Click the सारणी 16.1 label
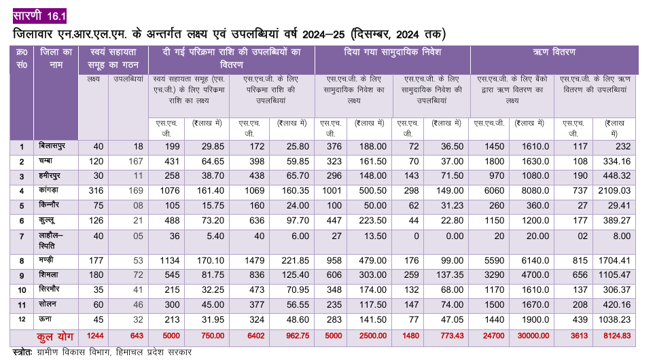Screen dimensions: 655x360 [39, 16]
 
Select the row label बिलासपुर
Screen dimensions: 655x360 [52, 146]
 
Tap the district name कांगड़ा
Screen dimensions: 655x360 [48, 190]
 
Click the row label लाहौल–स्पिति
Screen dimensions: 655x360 [50, 241]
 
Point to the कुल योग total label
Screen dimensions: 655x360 [55, 337]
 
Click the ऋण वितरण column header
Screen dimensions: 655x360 [554, 52]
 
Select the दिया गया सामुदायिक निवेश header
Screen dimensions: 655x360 [392, 52]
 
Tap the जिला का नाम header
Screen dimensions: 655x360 [56, 58]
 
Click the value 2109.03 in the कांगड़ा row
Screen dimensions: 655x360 [616, 191]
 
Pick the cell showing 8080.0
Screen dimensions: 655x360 [535, 191]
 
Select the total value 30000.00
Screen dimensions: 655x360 [533, 336]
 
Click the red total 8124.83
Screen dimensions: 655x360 [617, 336]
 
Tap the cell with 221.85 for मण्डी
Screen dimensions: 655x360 [296, 261]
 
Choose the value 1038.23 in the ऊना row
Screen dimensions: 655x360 [616, 319]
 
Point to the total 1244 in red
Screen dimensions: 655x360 [95, 336]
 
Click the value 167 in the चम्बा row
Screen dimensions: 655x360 [136, 162]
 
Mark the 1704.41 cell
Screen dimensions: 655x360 [616, 261]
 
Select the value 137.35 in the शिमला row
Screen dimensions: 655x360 [450, 275]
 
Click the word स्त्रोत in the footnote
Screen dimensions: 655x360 [21, 352]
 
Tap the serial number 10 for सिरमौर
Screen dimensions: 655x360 [22, 290]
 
